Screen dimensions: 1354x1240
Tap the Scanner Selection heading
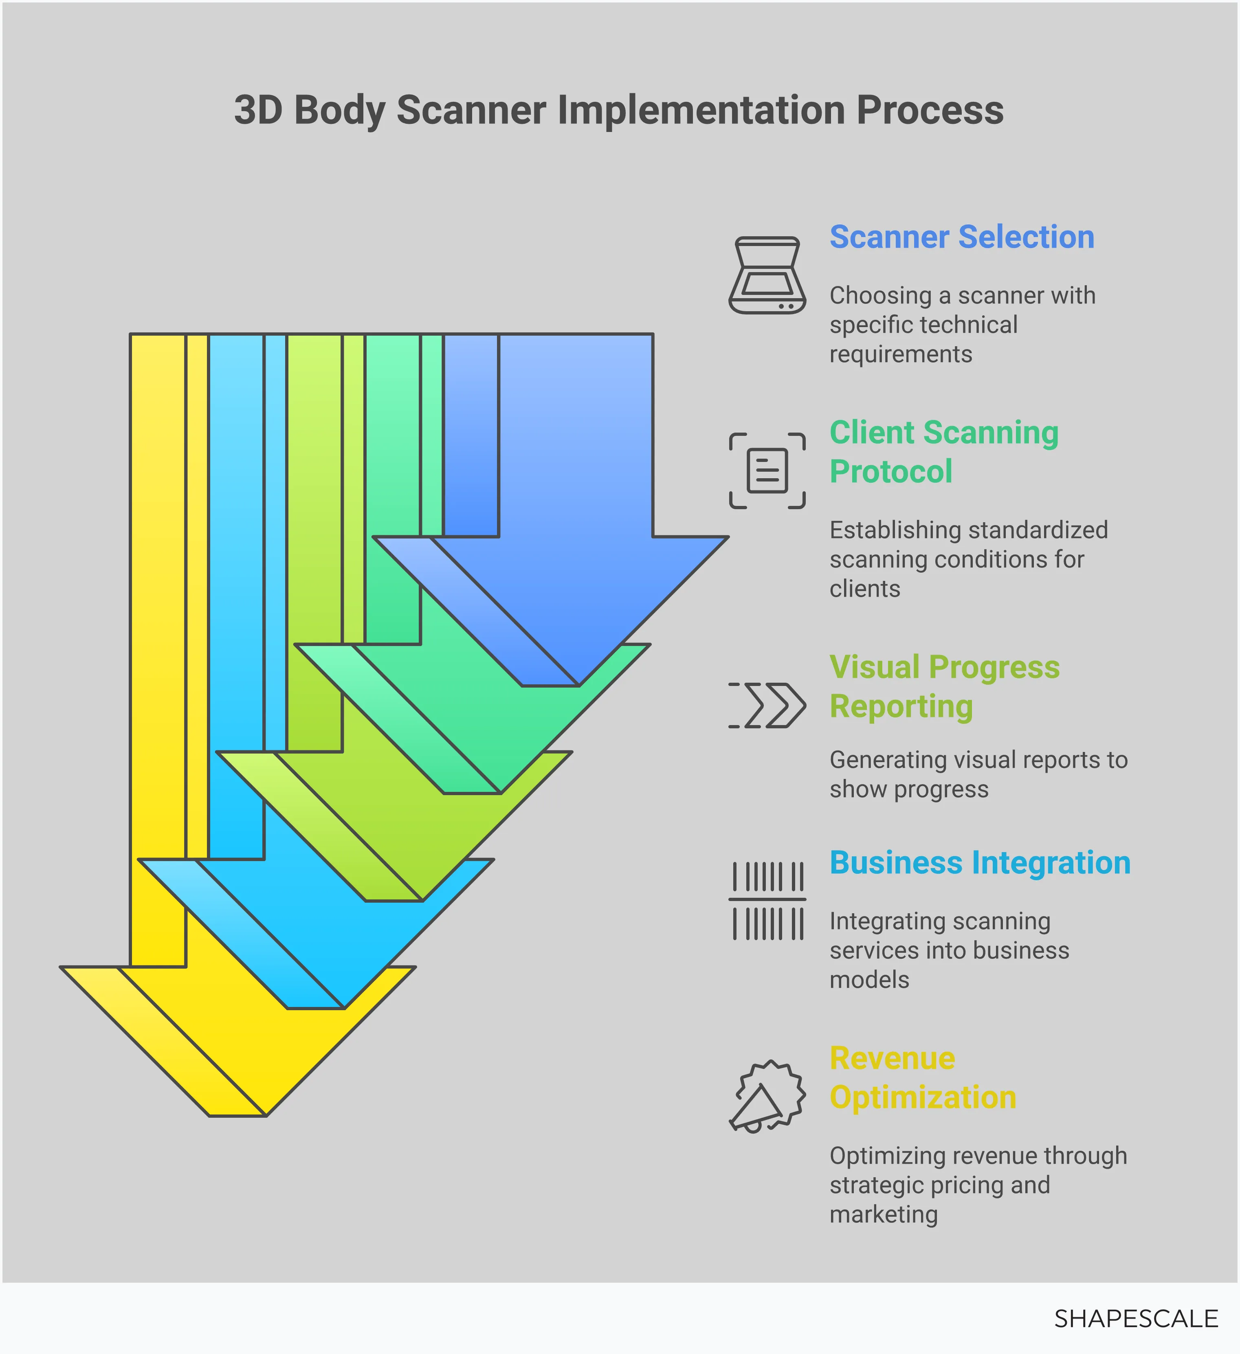click(961, 237)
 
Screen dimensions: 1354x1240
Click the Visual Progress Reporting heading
click(944, 686)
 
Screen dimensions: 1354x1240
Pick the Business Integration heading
click(979, 863)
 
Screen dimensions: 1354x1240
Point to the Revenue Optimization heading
click(922, 1078)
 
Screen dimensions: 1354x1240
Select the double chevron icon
click(767, 705)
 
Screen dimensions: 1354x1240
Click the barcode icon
click(767, 900)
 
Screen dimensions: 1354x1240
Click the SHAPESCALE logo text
click(1135, 1319)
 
